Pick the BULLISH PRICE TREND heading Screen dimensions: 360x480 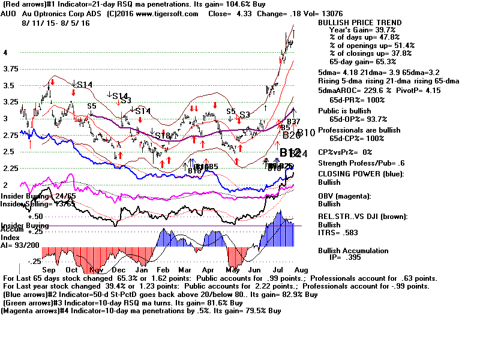click(359, 23)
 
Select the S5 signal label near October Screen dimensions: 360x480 click(92, 106)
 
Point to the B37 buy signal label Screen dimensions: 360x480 click(293, 122)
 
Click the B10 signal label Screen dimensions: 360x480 click(306, 133)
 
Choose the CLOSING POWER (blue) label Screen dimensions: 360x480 click(361, 174)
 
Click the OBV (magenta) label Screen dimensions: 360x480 click(344, 196)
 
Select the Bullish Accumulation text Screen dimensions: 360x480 click(353, 251)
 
